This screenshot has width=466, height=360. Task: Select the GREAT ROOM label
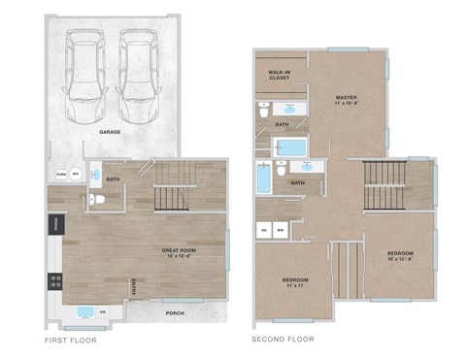pos(179,253)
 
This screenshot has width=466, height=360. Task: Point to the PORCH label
pos(176,312)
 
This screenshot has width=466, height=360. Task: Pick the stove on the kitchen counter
pos(55,281)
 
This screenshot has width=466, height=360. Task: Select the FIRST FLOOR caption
pos(70,340)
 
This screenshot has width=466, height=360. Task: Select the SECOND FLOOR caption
pos(283,340)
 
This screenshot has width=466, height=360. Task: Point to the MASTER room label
pos(346,100)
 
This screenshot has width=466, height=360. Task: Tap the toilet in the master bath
pos(265,113)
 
